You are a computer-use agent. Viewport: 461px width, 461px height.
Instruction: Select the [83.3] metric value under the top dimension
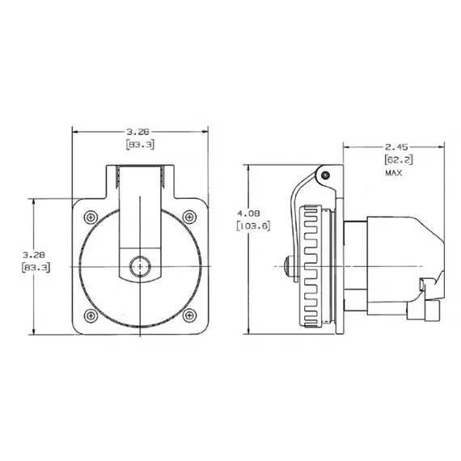tap(140, 144)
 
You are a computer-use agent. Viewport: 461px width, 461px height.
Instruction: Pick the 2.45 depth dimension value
tap(396, 147)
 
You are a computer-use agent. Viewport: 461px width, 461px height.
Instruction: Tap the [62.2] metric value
tap(396, 160)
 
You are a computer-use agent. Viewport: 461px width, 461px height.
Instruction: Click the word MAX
tap(394, 173)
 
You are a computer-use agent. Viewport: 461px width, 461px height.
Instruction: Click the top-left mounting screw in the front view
tap(90, 216)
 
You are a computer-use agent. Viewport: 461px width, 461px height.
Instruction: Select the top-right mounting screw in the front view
tap(188, 216)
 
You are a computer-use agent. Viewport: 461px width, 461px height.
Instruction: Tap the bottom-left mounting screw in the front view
tap(90, 314)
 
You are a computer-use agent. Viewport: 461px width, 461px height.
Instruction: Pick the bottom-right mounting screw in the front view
tap(188, 314)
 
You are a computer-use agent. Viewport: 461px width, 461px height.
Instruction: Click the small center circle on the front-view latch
tap(139, 265)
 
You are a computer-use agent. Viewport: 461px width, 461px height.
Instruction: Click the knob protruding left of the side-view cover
tap(285, 264)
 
